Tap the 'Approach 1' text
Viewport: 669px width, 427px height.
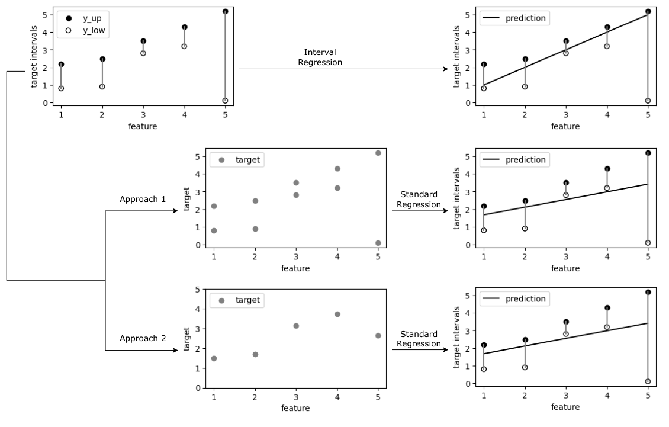point(143,199)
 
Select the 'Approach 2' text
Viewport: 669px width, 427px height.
point(143,338)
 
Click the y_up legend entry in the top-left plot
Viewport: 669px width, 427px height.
point(83,18)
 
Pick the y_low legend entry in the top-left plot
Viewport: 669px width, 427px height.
point(83,30)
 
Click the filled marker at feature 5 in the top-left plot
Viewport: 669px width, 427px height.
point(225,12)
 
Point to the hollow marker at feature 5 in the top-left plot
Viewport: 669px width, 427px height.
point(225,101)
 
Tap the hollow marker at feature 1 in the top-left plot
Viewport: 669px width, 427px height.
point(61,88)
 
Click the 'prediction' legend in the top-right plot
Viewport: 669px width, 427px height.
point(514,18)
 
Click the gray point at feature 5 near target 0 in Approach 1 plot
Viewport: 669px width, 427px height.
point(378,243)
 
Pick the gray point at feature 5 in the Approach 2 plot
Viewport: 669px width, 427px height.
point(378,335)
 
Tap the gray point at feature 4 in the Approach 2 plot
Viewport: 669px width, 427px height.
point(337,314)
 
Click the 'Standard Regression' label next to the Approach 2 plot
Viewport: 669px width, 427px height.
point(419,339)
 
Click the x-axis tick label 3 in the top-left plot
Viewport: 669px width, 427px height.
point(143,115)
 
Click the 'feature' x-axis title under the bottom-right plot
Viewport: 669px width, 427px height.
point(565,407)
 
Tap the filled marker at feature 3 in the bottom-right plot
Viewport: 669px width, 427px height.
point(566,322)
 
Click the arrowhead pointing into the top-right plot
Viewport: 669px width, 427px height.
point(445,69)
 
